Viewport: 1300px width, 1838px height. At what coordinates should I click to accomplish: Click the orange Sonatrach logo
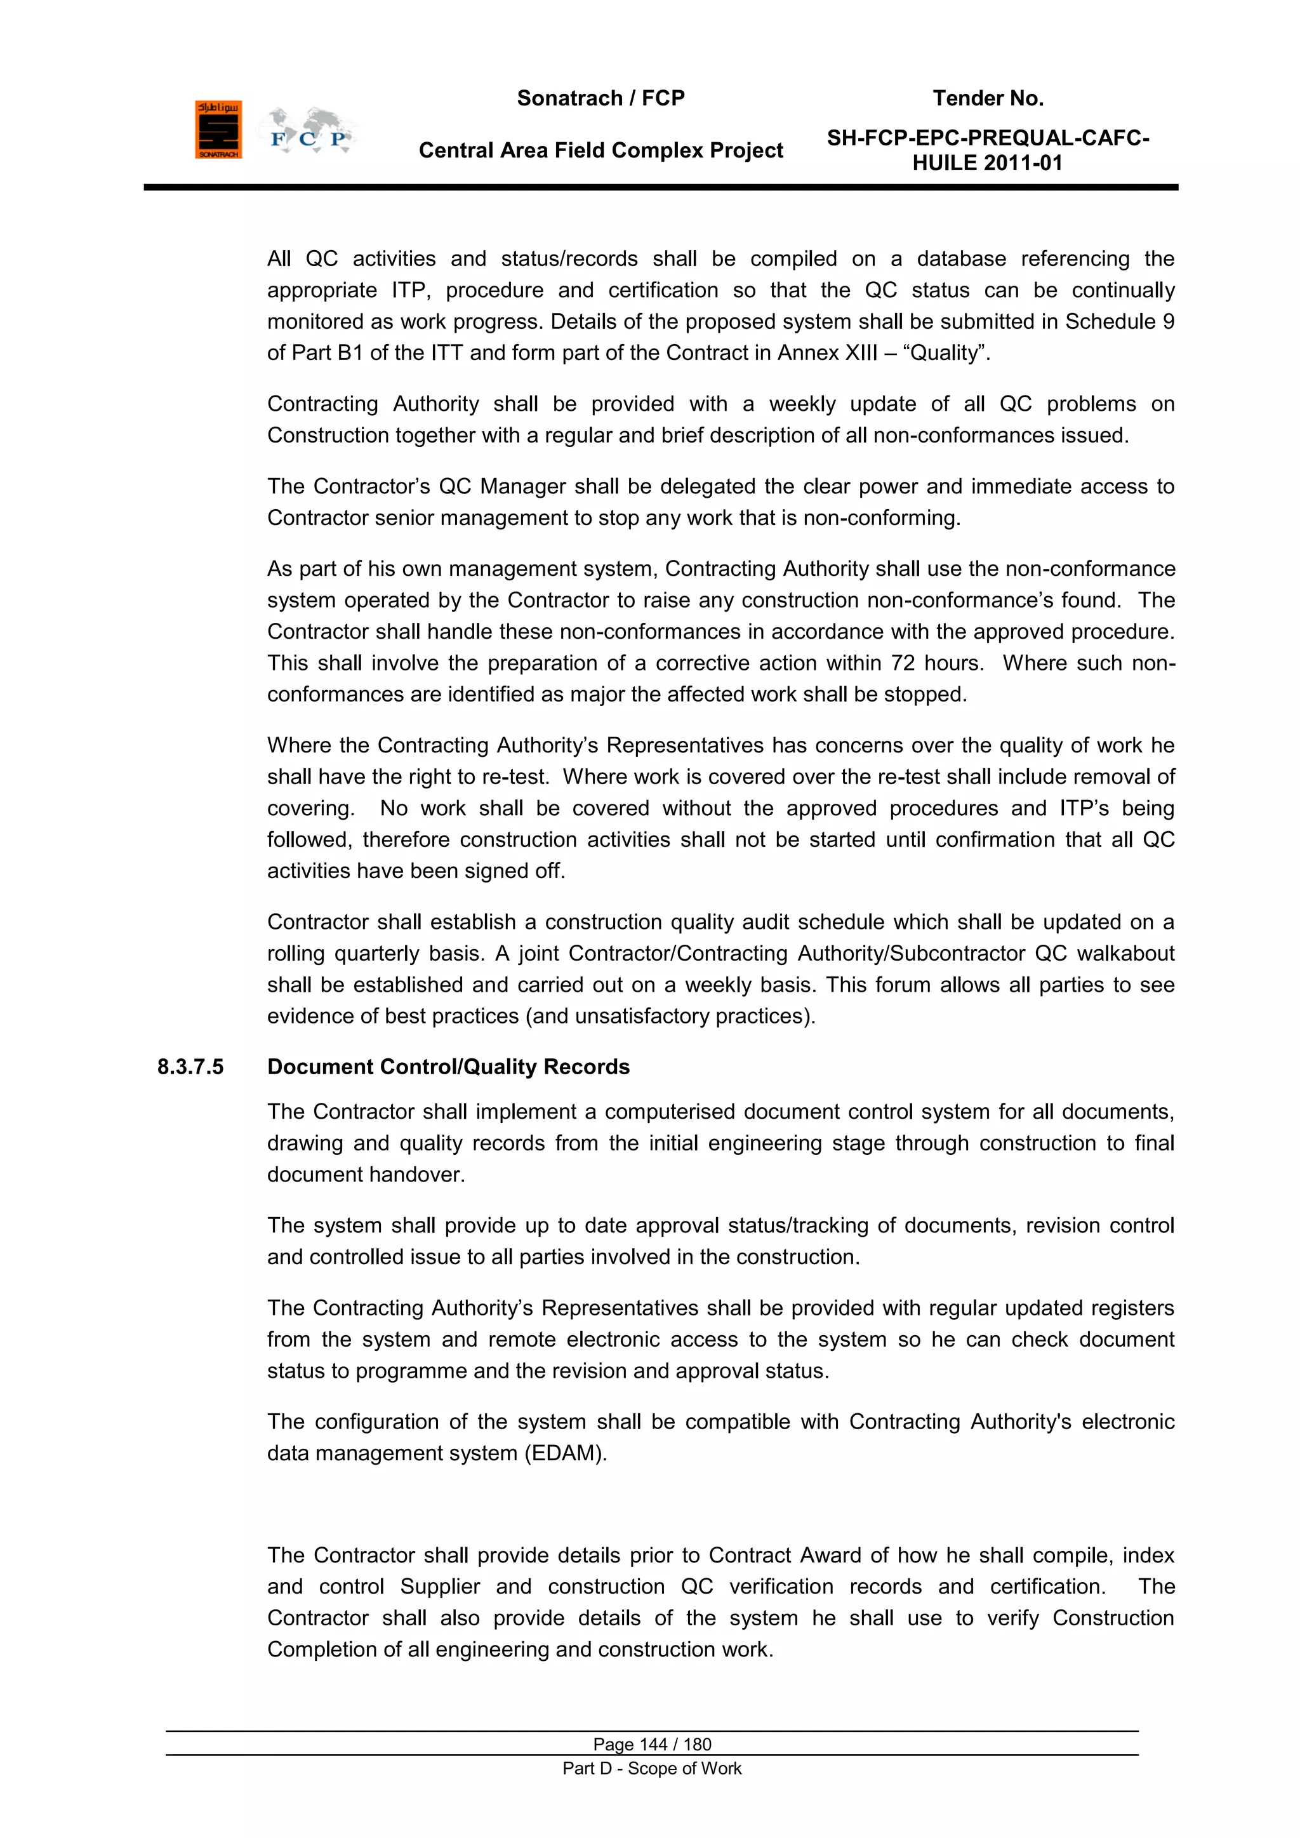(218, 130)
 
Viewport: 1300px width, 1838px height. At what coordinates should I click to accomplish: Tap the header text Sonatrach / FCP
(600, 98)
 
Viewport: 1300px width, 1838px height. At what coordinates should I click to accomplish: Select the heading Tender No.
(988, 98)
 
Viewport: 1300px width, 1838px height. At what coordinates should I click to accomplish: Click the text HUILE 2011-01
(987, 163)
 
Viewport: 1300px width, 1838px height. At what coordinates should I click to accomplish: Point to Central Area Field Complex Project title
(600, 150)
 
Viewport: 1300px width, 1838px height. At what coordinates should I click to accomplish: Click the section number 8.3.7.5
(190, 1067)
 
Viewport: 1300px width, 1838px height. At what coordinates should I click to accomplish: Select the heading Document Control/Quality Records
(448, 1067)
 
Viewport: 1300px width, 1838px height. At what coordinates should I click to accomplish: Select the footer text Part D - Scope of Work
(652, 1768)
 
